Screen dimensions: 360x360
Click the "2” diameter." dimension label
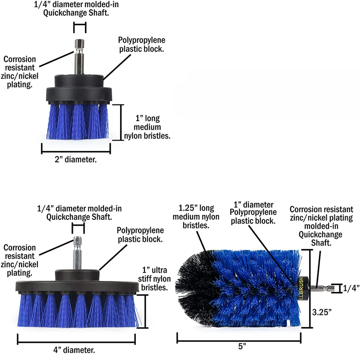tap(76, 159)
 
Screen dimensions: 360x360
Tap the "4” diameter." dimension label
tap(74, 350)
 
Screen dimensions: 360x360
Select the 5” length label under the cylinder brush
tap(242, 346)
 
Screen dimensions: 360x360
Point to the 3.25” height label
tap(322, 312)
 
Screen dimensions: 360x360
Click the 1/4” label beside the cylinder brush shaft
tap(351, 288)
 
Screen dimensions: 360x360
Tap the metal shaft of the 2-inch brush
tap(79, 57)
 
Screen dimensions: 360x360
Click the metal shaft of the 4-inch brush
tap(77, 253)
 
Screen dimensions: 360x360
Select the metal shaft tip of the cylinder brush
tap(323, 288)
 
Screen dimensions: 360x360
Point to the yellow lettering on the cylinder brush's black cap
tap(301, 288)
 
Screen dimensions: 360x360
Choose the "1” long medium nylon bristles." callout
tap(147, 127)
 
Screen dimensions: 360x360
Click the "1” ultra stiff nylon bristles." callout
tap(154, 278)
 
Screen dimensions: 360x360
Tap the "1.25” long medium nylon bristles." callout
tap(196, 217)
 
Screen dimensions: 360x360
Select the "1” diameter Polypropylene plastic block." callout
tap(253, 213)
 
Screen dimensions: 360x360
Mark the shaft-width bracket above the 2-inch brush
tap(80, 27)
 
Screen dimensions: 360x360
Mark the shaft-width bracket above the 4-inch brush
tap(78, 228)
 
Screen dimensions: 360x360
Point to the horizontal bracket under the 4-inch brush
tap(76, 339)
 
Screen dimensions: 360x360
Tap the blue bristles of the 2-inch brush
tap(77, 121)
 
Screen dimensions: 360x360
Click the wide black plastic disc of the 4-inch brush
tap(77, 287)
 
